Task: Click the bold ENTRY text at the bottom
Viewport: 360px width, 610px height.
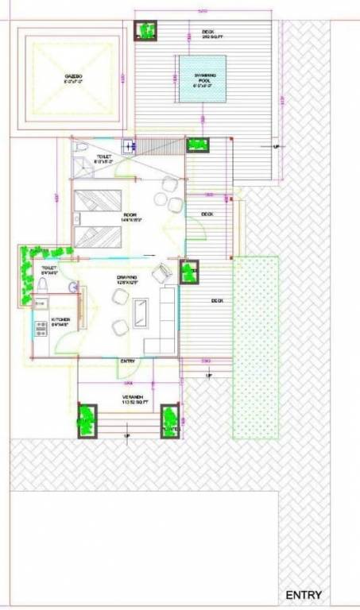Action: coord(304,595)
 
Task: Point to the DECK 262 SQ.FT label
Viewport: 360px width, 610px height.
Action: coord(212,35)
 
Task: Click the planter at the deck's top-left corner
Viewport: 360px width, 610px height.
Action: coord(146,31)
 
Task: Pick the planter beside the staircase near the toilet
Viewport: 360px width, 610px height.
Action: coord(196,145)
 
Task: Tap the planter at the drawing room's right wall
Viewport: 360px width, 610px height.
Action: coord(188,271)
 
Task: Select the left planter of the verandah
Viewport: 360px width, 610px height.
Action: coord(86,419)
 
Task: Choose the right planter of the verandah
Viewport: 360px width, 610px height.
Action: coord(169,419)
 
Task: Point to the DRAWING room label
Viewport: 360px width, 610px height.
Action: coord(127,279)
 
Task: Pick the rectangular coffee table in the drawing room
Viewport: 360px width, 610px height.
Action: coord(141,311)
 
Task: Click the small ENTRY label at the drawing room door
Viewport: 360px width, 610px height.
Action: coord(126,361)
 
